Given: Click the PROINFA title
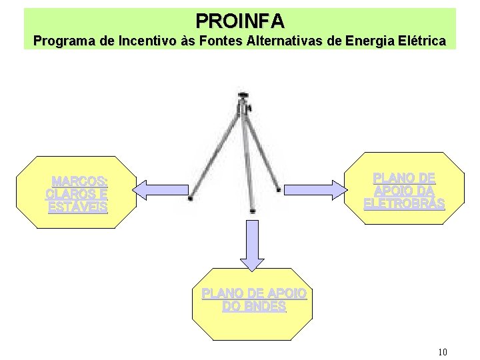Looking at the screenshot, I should coord(240,21).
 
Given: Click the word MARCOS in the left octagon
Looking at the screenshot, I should coord(79,182).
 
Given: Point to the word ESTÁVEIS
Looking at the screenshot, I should coord(77,207).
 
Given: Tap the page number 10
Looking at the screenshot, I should coord(443,352).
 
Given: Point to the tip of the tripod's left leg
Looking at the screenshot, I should coord(190,198).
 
